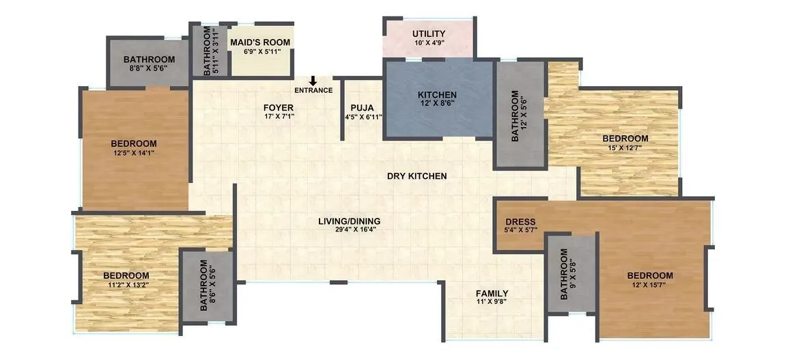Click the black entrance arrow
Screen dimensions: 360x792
(x=313, y=81)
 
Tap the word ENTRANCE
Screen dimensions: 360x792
(x=313, y=90)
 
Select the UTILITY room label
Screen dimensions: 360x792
(x=429, y=34)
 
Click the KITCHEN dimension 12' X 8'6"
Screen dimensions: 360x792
(x=438, y=103)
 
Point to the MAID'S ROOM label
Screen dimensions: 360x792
(x=259, y=42)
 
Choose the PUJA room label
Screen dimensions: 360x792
(x=362, y=108)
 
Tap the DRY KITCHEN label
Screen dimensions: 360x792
(x=416, y=176)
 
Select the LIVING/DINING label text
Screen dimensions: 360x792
(x=349, y=221)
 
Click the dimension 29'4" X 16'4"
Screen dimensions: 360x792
(x=349, y=230)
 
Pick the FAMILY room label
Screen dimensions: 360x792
(x=492, y=294)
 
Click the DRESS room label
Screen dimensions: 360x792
(x=520, y=222)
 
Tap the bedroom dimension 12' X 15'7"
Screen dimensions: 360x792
(x=649, y=285)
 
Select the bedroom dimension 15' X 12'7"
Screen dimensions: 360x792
(x=625, y=148)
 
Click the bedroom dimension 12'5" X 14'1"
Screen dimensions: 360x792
(x=134, y=152)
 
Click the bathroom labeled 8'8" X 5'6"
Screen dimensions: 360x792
(x=149, y=64)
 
